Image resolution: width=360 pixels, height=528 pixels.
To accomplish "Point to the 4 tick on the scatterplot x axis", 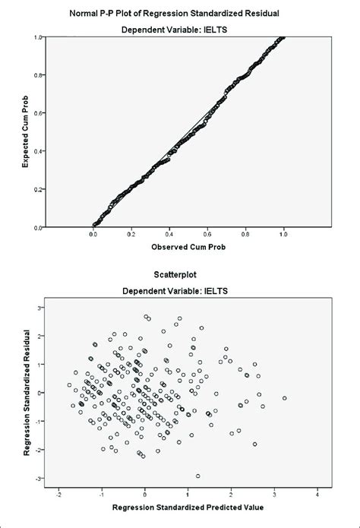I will coord(319,492).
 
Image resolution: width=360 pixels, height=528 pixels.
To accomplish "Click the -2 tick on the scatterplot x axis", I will coord(58,492).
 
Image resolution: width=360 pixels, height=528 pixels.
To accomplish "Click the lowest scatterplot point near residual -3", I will coord(198,476).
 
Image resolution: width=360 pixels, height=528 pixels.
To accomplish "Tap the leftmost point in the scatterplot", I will coord(69,385).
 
